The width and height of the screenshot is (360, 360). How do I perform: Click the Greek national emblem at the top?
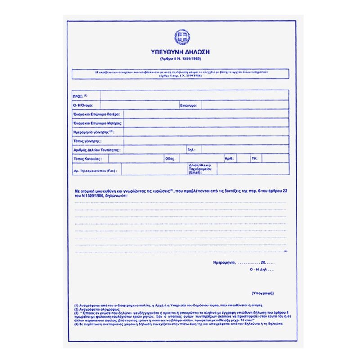click(182, 37)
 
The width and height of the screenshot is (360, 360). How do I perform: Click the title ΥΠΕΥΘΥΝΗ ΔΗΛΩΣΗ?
click(180, 52)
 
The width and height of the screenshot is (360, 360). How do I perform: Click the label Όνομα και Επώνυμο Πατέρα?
click(93, 114)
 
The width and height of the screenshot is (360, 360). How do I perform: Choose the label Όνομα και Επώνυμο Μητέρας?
click(94, 123)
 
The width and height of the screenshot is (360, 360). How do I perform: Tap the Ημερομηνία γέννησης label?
click(93, 132)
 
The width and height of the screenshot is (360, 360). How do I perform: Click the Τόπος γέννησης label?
click(86, 141)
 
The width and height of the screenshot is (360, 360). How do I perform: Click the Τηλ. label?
click(191, 150)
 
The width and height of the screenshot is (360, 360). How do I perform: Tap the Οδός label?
click(170, 158)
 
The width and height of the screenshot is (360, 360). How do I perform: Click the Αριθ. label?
click(229, 158)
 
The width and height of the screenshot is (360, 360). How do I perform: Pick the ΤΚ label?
click(254, 158)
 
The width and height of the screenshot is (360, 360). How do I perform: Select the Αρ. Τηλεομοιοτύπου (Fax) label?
click(94, 171)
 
